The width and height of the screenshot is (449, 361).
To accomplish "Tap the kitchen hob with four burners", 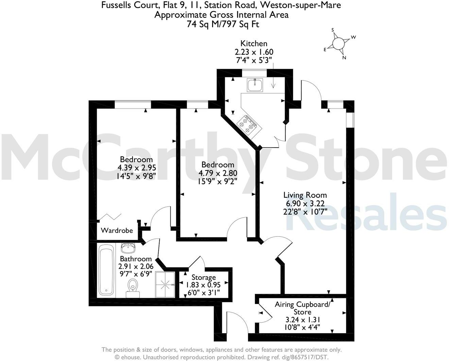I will pyautogui.click(x=248, y=124).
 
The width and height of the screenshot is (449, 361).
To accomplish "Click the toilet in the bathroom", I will pyautogui.click(x=132, y=287).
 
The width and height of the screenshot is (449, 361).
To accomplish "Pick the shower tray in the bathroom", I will pyautogui.click(x=165, y=285).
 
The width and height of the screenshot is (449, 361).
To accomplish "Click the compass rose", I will pyautogui.click(x=338, y=44).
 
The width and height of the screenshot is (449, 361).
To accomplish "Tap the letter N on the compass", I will pyautogui.click(x=344, y=58).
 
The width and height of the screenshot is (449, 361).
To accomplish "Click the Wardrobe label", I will pyautogui.click(x=117, y=230).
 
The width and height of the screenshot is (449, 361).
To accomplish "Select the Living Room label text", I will pyautogui.click(x=305, y=195).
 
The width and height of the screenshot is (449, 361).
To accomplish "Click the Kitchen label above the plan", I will pyautogui.click(x=254, y=43).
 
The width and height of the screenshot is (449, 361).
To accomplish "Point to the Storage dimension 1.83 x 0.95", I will pyautogui.click(x=204, y=285).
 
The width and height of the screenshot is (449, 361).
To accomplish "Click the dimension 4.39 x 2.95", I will pyautogui.click(x=136, y=168).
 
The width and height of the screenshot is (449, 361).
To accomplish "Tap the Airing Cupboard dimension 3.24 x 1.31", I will pyautogui.click(x=303, y=320).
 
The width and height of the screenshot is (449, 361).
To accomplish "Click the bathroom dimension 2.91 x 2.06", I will pyautogui.click(x=135, y=267).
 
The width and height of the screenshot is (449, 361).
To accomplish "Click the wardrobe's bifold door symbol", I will pyautogui.click(x=109, y=217).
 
